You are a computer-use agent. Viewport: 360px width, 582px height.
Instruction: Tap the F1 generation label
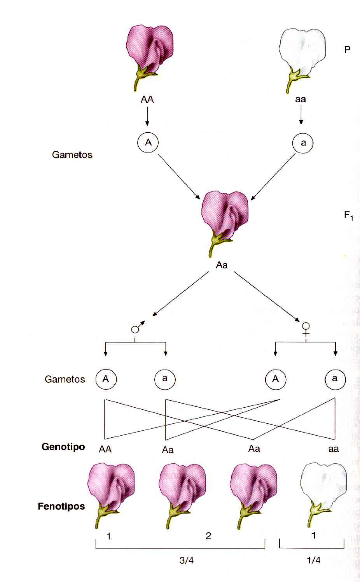[349, 215]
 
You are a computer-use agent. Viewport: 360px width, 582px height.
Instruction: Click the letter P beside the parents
[347, 49]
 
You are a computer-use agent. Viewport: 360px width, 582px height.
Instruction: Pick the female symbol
[306, 329]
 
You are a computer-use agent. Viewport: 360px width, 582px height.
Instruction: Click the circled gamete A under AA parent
[148, 142]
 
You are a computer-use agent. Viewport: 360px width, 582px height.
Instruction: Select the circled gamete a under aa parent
[302, 143]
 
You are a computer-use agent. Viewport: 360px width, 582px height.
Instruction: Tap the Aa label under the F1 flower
[222, 265]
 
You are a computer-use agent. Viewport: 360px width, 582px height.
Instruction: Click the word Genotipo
[63, 446]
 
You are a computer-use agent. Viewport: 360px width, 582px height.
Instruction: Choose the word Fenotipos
[61, 506]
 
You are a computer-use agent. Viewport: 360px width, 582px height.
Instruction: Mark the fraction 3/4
[187, 560]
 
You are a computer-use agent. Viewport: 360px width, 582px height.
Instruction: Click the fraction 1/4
[313, 560]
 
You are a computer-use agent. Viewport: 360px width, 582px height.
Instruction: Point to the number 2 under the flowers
[208, 536]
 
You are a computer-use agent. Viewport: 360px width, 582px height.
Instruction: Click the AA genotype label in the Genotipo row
[105, 449]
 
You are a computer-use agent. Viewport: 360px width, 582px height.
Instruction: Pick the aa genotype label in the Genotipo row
[334, 449]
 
